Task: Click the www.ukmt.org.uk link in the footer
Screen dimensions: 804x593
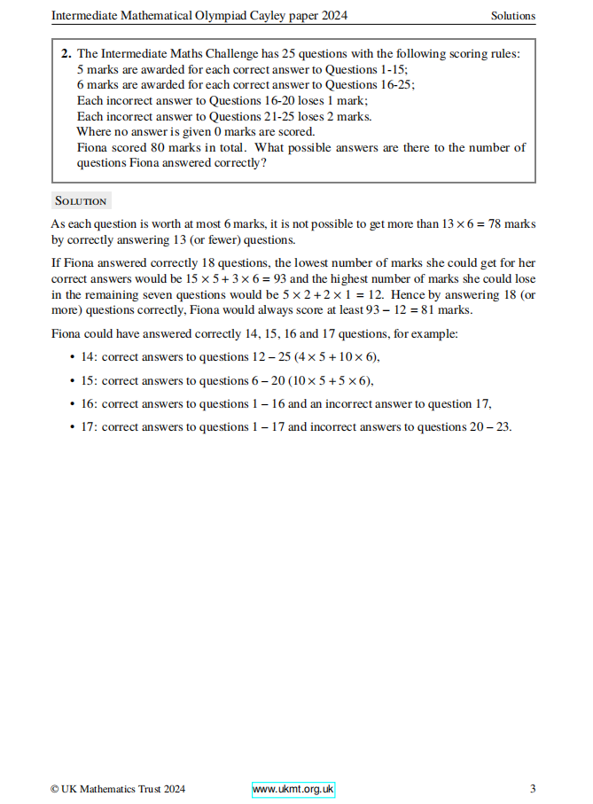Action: [x=293, y=789]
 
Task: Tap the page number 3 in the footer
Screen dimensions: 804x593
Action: [x=533, y=789]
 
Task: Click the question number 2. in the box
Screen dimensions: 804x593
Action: [x=66, y=53]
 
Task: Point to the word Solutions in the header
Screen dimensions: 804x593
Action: [x=513, y=16]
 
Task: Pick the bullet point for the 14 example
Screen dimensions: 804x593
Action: [x=72, y=357]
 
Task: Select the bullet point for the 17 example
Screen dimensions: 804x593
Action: [x=72, y=426]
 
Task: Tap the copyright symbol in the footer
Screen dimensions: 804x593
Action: [x=55, y=789]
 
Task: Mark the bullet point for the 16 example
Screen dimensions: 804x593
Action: [x=72, y=403]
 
